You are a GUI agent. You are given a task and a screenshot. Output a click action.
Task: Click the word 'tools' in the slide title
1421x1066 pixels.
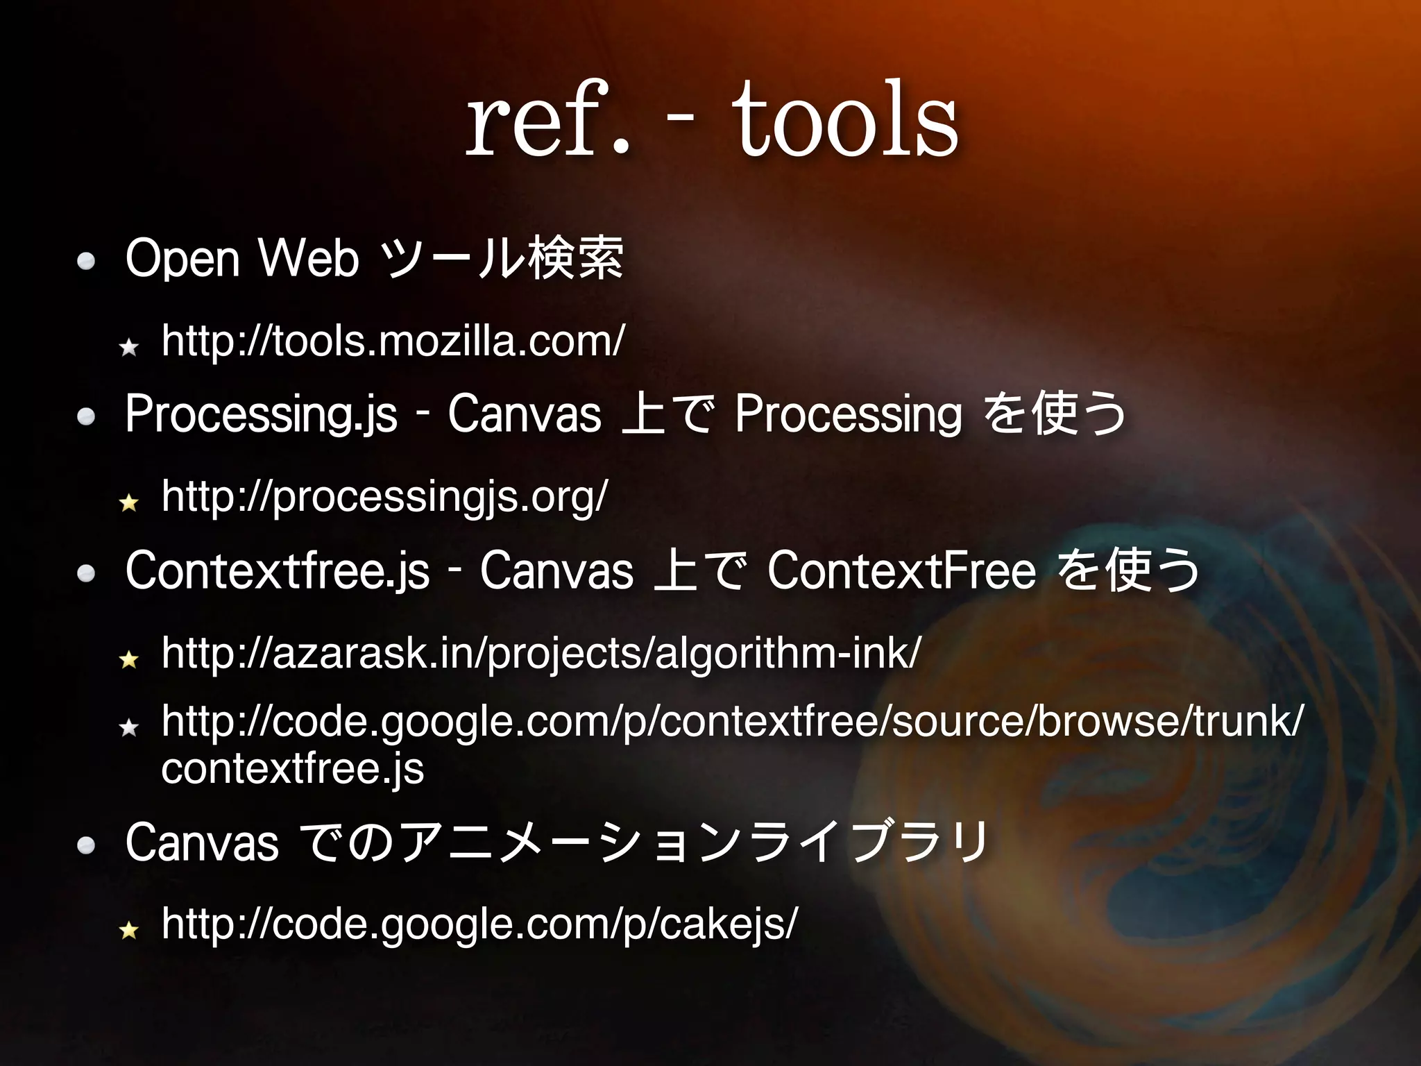(x=845, y=119)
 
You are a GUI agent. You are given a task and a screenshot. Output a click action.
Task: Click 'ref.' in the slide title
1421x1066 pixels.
(x=547, y=119)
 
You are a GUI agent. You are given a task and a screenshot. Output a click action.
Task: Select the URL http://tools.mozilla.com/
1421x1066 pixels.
(x=393, y=341)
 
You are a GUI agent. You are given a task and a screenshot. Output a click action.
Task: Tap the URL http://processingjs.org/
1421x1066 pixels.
(x=385, y=497)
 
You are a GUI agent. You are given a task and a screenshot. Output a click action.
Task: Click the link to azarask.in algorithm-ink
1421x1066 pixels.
(x=541, y=653)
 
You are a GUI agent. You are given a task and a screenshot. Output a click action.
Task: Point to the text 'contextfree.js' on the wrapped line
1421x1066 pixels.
(x=292, y=769)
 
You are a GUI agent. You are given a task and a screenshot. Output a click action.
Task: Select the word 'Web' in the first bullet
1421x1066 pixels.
(x=308, y=258)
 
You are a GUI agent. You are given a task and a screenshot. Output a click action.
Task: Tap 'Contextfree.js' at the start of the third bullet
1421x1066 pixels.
(x=278, y=570)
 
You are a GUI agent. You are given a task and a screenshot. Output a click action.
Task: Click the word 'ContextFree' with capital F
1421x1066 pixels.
(x=901, y=570)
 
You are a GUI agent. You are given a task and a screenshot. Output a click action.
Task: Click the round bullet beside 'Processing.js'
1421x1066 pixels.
(x=86, y=416)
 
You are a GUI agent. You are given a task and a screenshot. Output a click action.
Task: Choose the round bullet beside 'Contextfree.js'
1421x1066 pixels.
(x=86, y=573)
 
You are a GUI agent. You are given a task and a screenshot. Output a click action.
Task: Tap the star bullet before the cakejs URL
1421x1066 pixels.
(x=129, y=930)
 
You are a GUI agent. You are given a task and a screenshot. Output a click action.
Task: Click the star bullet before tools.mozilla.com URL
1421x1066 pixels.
(x=129, y=347)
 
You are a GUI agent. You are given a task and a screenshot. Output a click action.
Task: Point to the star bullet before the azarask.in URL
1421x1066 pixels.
(x=129, y=659)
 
